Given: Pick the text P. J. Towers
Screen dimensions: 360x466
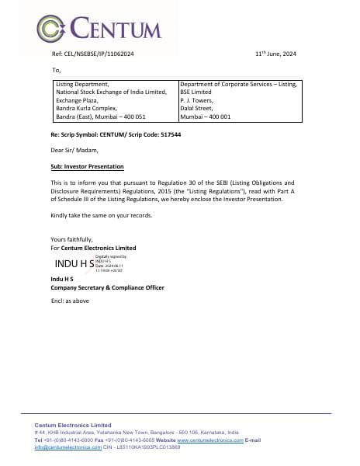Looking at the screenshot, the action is pyautogui.click(x=196, y=100).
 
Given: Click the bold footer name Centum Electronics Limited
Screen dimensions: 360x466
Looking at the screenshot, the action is pyautogui.click(x=73, y=426).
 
